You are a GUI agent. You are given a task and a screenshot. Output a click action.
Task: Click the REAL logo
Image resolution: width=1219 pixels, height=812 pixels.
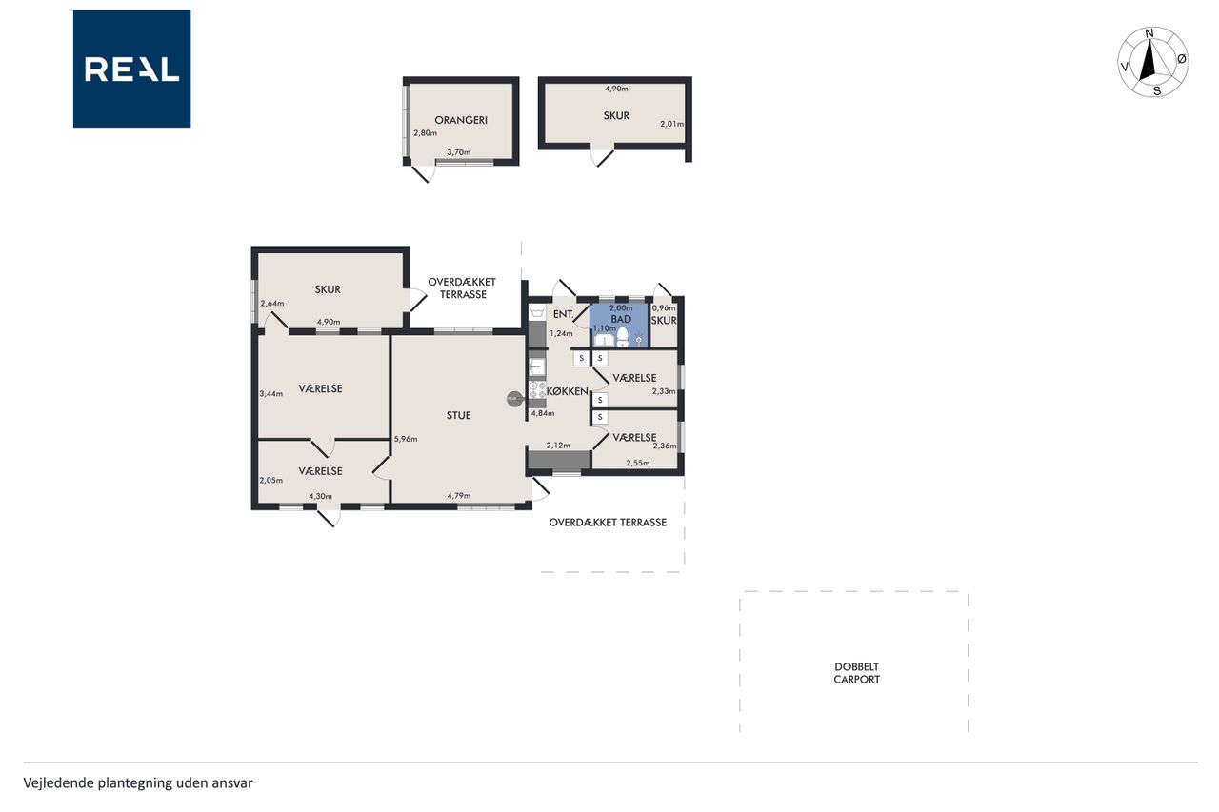[x=131, y=69]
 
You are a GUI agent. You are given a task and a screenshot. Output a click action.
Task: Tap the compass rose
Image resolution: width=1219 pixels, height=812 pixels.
[x=1153, y=62]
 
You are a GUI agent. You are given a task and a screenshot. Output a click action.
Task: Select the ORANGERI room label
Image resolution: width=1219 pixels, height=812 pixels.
[x=461, y=120]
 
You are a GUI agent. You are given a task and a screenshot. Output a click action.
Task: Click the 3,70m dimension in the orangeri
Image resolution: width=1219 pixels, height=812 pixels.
[x=459, y=152]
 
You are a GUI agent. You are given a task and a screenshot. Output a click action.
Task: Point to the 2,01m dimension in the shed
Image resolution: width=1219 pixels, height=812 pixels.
[x=672, y=124]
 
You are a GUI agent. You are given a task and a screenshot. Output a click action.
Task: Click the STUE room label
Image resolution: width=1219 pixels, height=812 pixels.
[x=459, y=415]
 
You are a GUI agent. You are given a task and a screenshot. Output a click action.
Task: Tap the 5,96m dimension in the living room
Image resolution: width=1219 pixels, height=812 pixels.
[x=406, y=439]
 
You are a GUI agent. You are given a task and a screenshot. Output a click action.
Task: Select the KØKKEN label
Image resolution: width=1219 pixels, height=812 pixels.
[x=568, y=391]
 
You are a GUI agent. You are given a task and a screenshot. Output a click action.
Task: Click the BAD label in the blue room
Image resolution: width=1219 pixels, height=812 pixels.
[x=621, y=319]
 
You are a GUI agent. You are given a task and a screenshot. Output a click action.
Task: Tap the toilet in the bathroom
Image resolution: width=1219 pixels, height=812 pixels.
[x=623, y=337]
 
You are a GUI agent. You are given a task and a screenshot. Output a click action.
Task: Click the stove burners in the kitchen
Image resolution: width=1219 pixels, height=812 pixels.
[x=538, y=390]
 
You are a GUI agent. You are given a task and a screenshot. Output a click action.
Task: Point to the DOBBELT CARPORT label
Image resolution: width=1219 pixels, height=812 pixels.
[x=856, y=673]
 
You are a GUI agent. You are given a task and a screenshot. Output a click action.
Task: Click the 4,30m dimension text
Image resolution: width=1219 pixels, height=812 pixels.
[x=321, y=496]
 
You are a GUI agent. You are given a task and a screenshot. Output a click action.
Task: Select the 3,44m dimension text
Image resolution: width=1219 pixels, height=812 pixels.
[x=271, y=394]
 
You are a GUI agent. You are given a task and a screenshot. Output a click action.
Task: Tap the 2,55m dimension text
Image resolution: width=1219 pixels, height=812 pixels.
[x=638, y=464]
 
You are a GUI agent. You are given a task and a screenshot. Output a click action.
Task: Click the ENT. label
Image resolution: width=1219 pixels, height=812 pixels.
[x=563, y=314]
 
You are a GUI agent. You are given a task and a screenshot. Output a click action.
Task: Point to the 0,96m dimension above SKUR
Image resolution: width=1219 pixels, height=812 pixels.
[x=664, y=308]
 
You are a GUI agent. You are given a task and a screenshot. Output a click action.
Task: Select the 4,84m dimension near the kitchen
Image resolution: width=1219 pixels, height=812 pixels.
[x=543, y=413]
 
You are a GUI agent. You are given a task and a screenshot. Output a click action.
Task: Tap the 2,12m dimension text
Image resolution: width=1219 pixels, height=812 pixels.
[x=558, y=446]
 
